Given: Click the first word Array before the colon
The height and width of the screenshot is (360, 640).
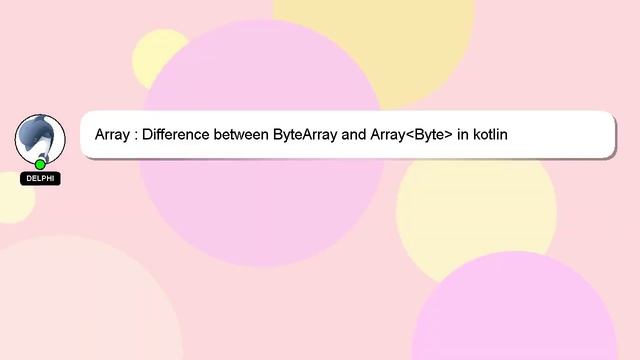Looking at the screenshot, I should pos(113,134).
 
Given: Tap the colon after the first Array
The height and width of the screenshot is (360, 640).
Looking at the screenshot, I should pos(136,135).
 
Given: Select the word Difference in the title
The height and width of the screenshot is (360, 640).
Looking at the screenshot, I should pos(176,134).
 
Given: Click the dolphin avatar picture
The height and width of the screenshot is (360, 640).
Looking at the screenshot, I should pos(40,138).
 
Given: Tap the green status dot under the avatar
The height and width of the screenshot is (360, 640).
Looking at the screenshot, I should pos(40,164).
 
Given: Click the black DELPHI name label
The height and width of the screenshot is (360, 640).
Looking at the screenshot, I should pos(40,179).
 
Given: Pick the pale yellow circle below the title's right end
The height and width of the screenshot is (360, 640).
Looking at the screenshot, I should pos(480,215).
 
